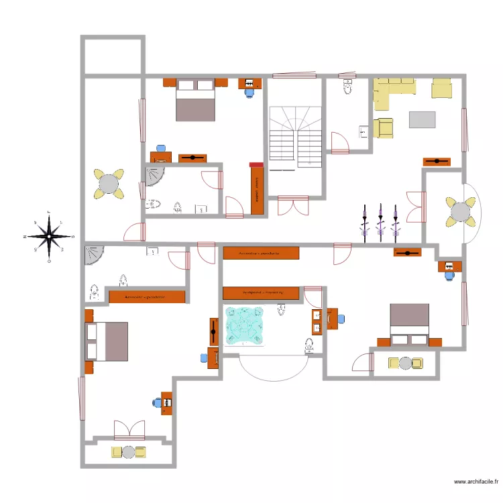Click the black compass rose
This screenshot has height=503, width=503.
coord(50,237)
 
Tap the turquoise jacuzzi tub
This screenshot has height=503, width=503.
coord(245,327)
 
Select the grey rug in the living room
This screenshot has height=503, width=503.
coord(423,119)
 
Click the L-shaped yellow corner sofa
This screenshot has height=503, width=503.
coord(385,91)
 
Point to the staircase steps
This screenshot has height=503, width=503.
coord(296,137)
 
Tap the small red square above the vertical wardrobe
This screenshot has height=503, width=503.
coord(256,164)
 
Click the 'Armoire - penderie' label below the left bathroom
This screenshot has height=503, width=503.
coord(146,296)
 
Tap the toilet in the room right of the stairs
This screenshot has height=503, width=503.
coord(347,87)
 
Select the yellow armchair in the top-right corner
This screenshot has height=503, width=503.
coord(442,88)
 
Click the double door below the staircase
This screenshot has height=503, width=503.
coord(294,205)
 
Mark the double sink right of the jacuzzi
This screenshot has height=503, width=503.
coord(317,322)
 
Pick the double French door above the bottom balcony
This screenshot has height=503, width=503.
coord(129,430)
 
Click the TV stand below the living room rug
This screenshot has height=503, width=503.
coord(436,162)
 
